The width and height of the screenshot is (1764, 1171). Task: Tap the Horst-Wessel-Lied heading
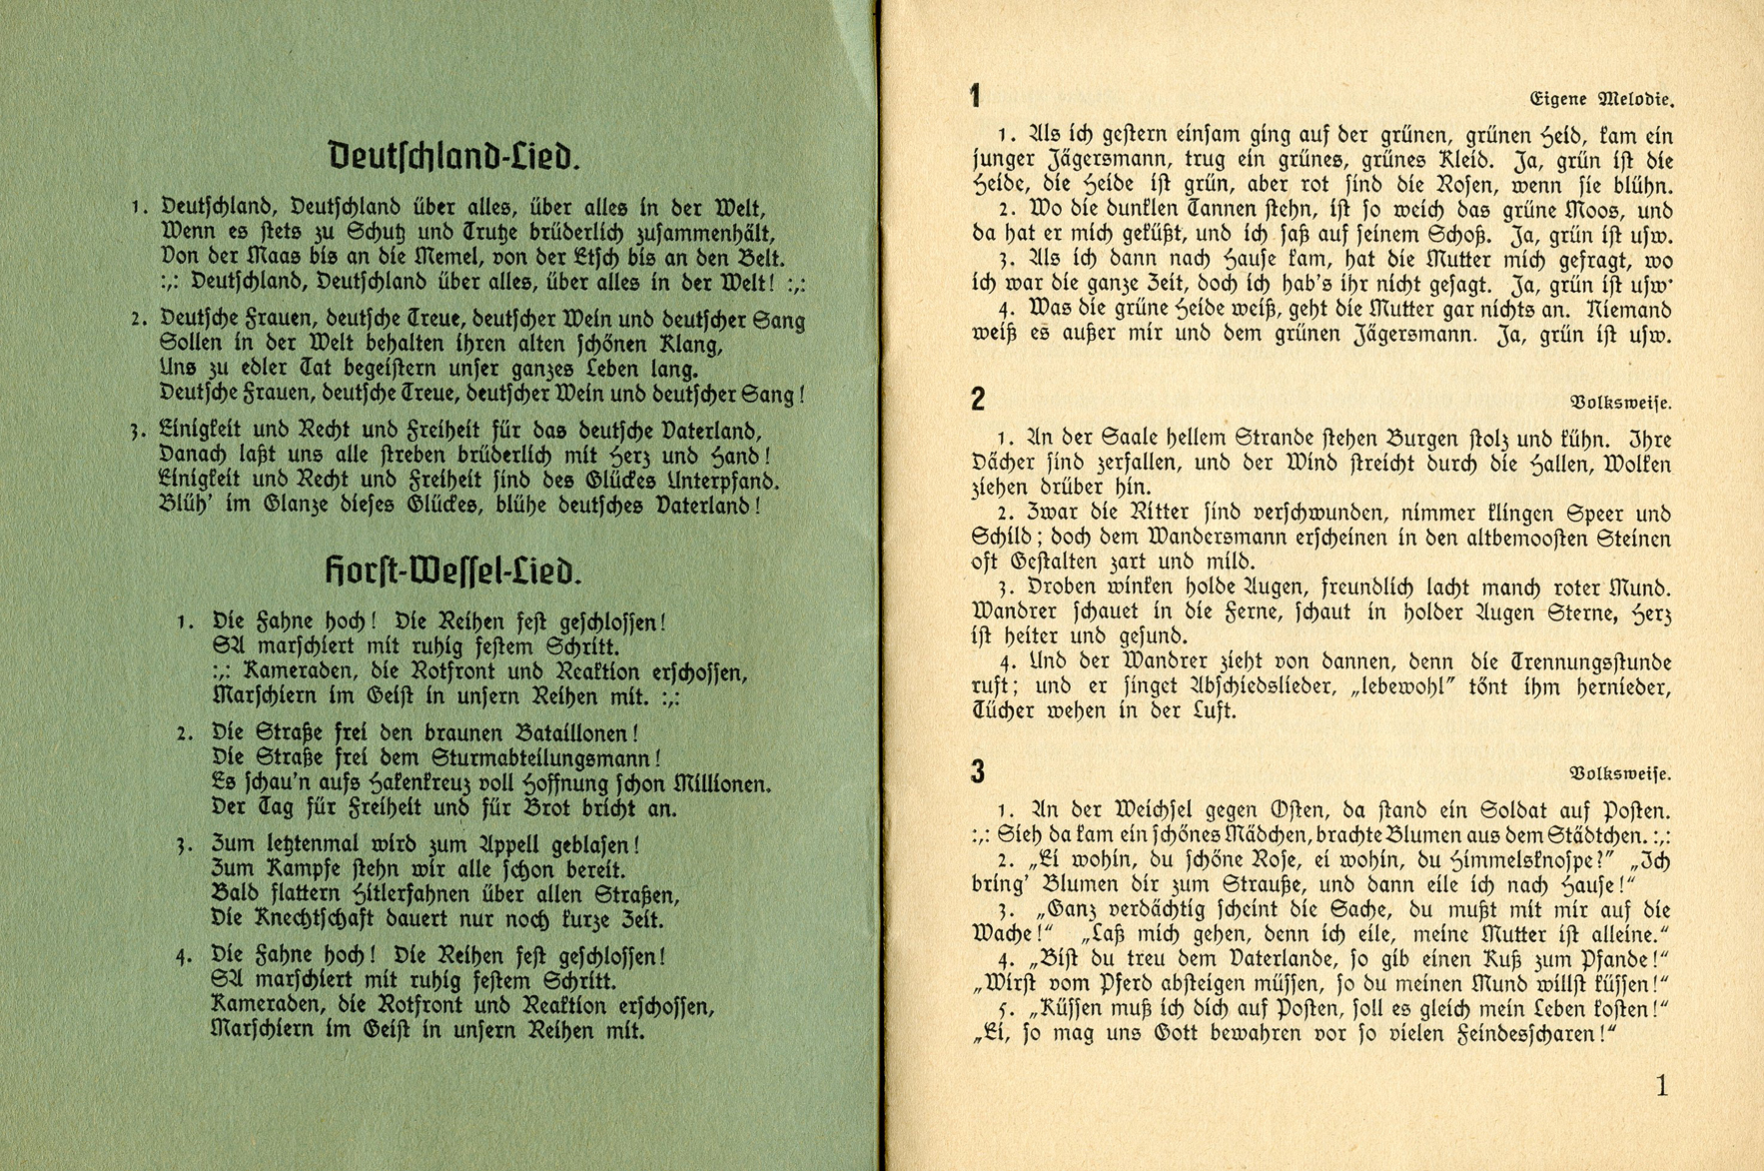453,572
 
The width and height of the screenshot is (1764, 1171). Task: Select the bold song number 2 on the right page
978,399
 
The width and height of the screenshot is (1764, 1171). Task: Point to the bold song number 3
978,771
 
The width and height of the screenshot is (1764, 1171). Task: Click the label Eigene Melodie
1601,99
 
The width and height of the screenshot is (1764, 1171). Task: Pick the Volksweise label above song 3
1620,773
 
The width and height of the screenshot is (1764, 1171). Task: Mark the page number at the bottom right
1662,1085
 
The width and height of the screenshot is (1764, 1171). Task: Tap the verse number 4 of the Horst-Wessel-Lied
183,956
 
